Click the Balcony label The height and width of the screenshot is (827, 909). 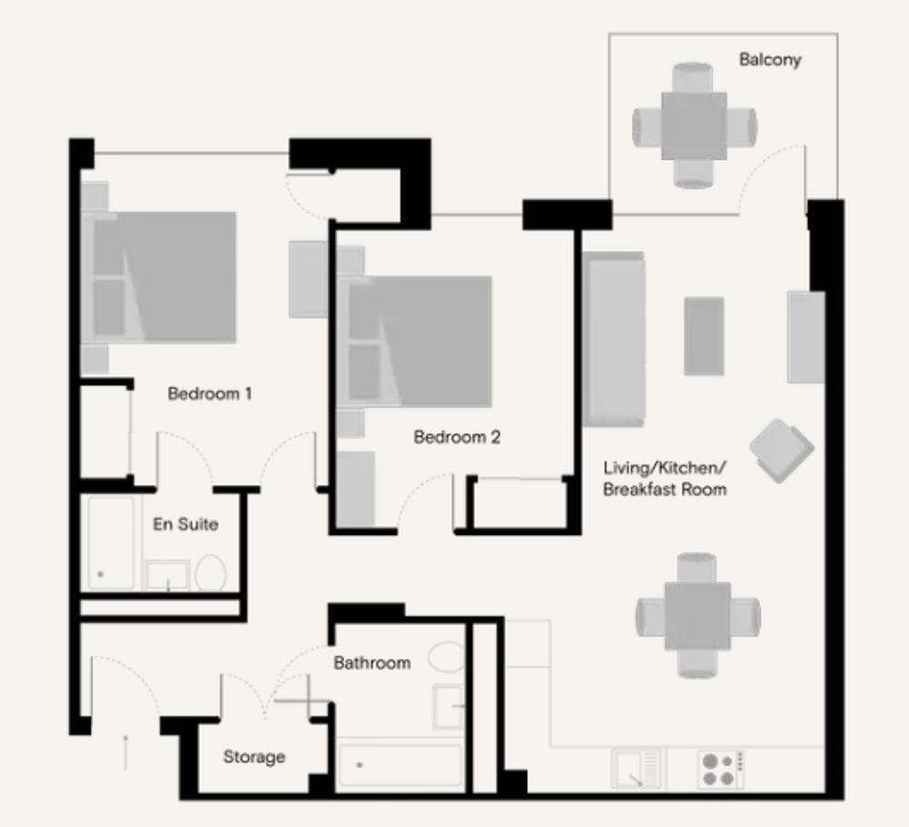(770, 60)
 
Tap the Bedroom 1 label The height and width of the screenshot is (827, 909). (210, 393)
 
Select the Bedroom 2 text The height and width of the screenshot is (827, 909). (457, 437)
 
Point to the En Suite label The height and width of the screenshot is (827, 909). (185, 524)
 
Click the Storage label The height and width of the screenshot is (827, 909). (254, 757)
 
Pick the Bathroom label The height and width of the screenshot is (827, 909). (372, 662)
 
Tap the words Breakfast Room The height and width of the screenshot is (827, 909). (664, 489)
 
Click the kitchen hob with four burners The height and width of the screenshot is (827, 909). (721, 769)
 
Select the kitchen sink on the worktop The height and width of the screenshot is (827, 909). (636, 769)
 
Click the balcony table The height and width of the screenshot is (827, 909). (694, 126)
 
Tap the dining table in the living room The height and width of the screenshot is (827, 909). (697, 616)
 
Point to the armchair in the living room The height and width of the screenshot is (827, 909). (782, 450)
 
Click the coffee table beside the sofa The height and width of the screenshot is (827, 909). (704, 336)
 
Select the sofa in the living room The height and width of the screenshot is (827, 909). (614, 339)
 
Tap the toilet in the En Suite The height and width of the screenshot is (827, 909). (211, 573)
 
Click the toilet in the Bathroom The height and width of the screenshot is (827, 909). (446, 657)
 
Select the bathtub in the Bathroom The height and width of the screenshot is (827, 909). (400, 765)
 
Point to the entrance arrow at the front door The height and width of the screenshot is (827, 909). (125, 752)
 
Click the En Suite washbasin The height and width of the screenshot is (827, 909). (167, 575)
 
